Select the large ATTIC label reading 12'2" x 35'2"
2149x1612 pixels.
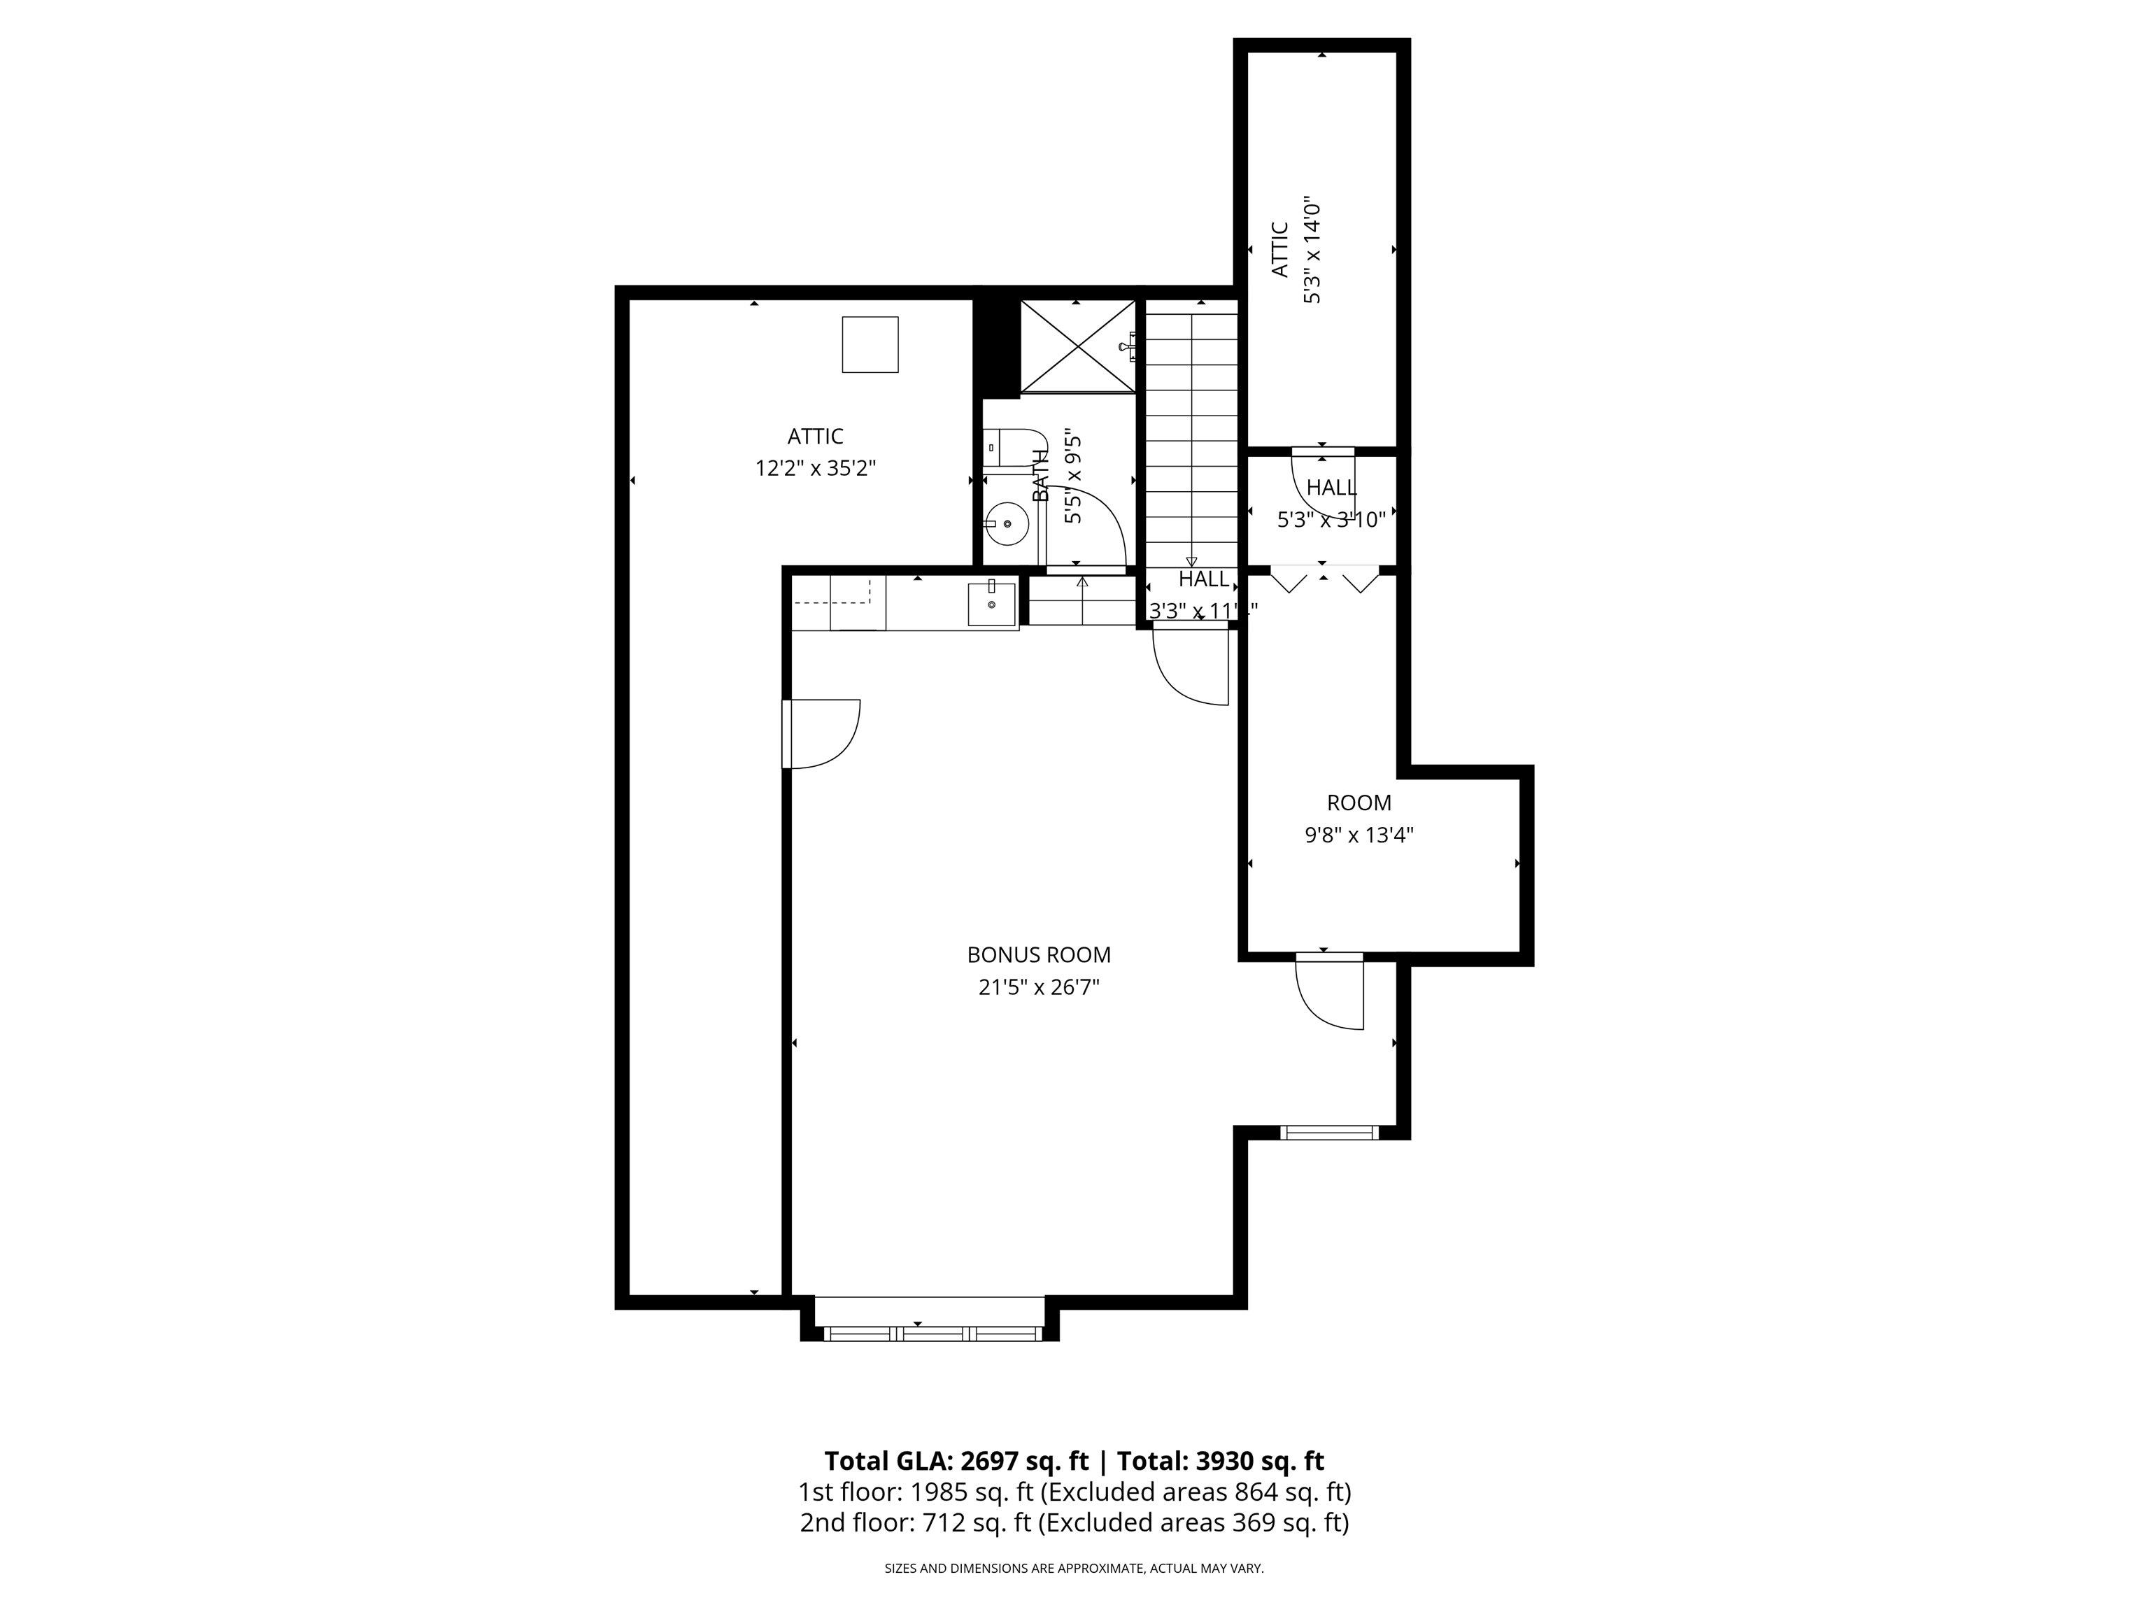(x=815, y=452)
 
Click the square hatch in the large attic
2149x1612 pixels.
(x=870, y=344)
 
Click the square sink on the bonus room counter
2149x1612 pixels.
(x=991, y=604)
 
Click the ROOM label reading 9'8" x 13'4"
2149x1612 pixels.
(x=1359, y=818)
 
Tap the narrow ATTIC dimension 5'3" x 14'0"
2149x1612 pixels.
(x=1312, y=250)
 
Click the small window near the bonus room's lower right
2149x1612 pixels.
(x=1328, y=1132)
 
